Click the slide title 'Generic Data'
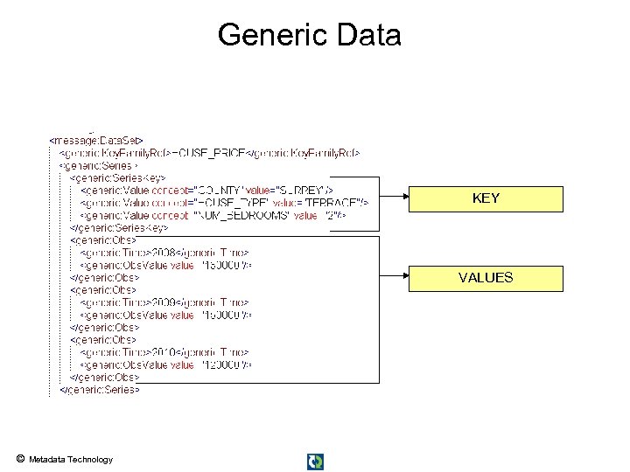coord(309,35)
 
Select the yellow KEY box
coord(486,199)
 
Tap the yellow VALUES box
coord(486,278)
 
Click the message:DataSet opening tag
coord(97,139)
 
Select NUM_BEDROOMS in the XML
coord(241,214)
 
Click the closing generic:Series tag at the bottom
coord(98,390)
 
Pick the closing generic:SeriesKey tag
coord(118,227)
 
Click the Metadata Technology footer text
coord(71,460)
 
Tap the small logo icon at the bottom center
coord(315,461)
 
